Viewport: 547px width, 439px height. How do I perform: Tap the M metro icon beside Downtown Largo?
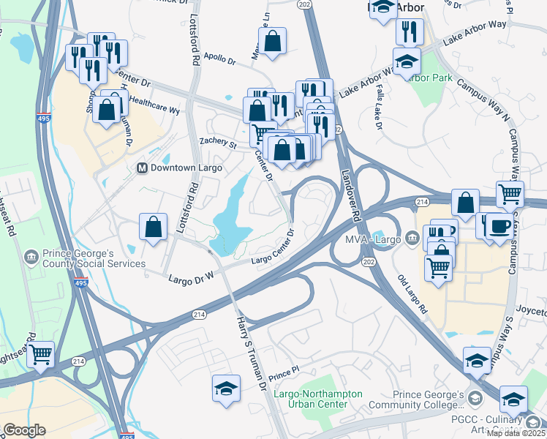[x=143, y=168]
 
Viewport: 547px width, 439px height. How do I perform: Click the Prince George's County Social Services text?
[x=88, y=258]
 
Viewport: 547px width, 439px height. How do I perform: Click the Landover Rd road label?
[x=352, y=197]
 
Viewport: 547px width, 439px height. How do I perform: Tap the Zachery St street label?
[x=218, y=144]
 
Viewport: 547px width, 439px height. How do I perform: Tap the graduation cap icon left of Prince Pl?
[x=226, y=388]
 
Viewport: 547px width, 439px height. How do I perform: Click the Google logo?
[x=24, y=430]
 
